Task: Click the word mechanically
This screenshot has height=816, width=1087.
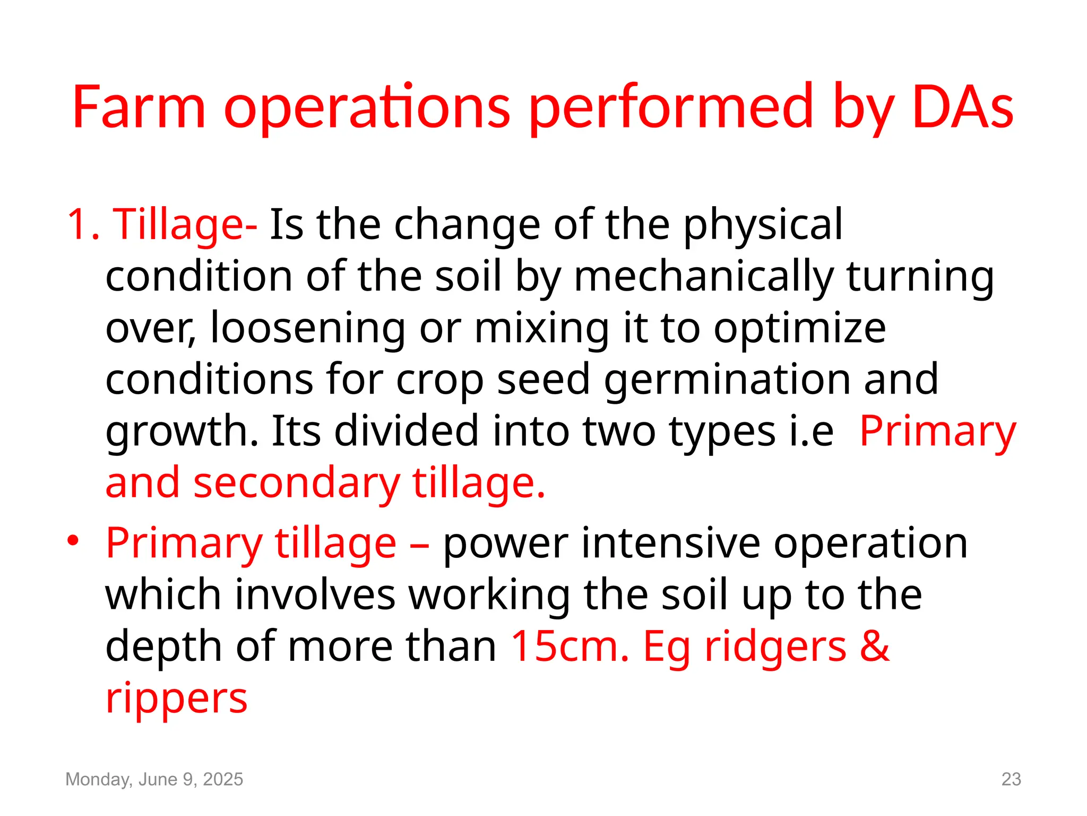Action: click(x=704, y=277)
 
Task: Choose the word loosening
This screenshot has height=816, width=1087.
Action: click(x=308, y=328)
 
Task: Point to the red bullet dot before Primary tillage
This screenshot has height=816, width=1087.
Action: click(x=73, y=541)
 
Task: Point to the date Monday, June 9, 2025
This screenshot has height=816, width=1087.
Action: click(x=154, y=779)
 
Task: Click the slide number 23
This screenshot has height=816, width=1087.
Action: click(x=1011, y=779)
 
